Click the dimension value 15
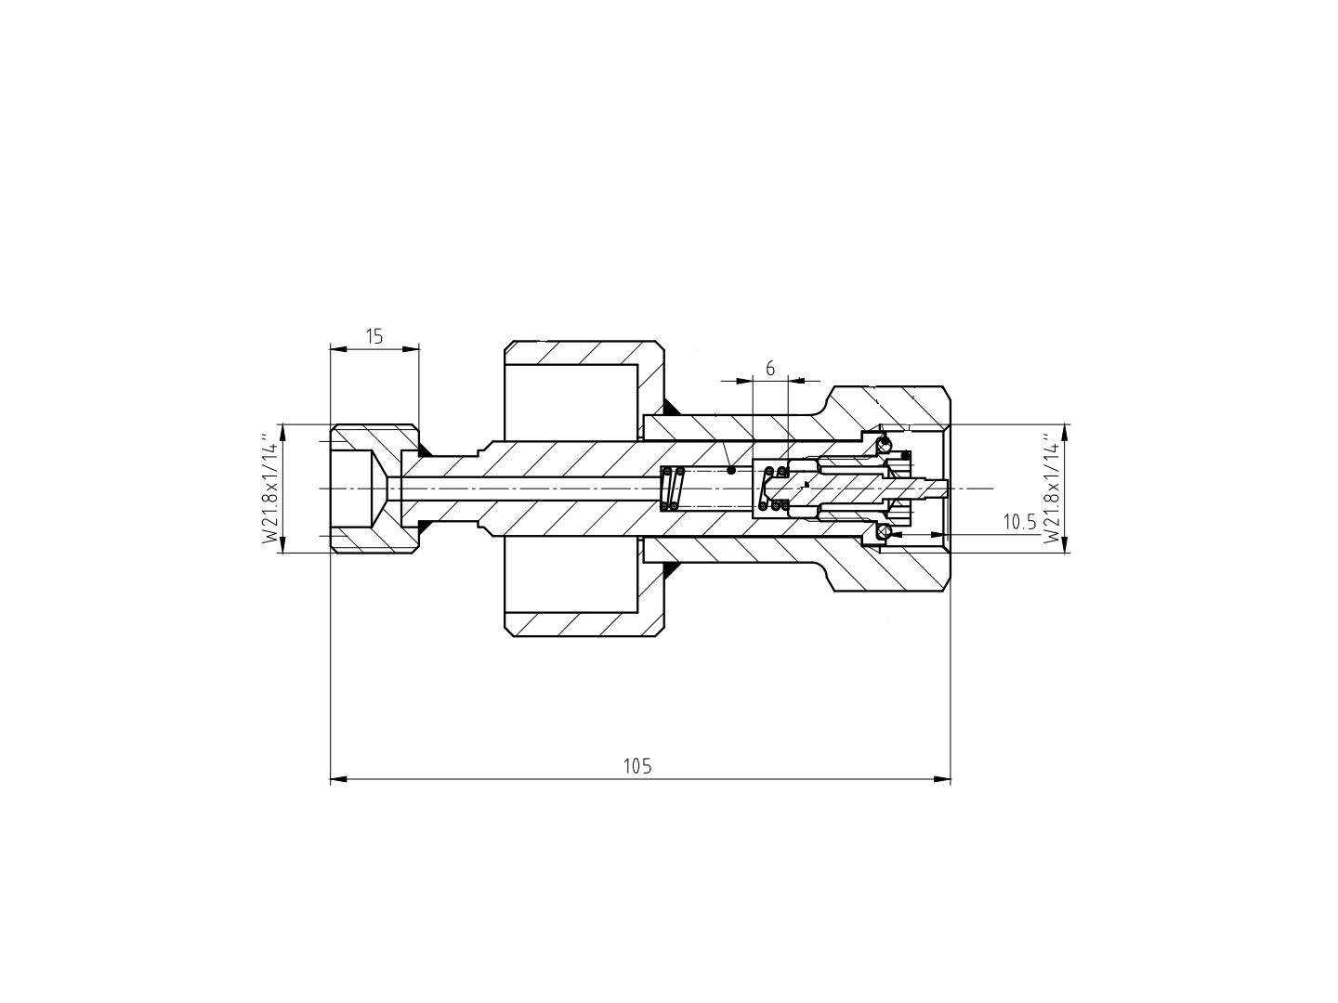(x=374, y=336)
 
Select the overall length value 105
(x=637, y=765)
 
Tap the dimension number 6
(x=770, y=369)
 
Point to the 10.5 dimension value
(x=1020, y=522)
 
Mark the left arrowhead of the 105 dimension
(x=338, y=779)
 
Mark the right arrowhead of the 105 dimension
(x=942, y=779)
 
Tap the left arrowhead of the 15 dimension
(x=338, y=349)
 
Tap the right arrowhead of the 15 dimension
(x=412, y=349)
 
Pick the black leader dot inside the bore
(x=731, y=470)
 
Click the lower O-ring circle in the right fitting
(x=884, y=533)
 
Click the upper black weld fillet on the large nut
(x=671, y=407)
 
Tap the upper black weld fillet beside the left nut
(x=423, y=450)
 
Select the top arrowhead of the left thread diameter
(x=282, y=433)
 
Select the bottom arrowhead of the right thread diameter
(x=1065, y=544)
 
